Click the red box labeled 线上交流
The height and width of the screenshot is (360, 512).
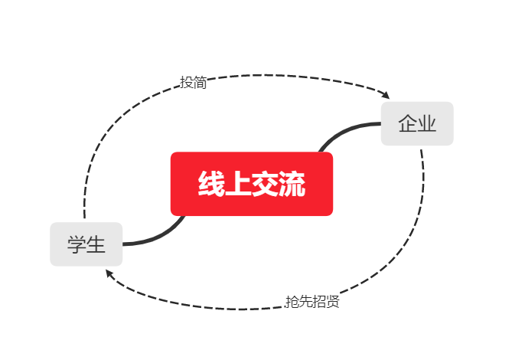[x=251, y=184]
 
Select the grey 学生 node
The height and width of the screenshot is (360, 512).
[x=86, y=244]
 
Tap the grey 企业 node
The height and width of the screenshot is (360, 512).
[x=417, y=123]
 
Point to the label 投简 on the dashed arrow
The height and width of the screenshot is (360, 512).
[x=193, y=82]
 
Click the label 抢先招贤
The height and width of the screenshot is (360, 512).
[x=311, y=301]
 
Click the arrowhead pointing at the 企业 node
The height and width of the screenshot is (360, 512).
[x=386, y=95]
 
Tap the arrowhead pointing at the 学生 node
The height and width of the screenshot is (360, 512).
[x=110, y=273]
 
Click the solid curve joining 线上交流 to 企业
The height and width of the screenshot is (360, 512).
[x=344, y=130]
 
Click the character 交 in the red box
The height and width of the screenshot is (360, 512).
[x=265, y=185]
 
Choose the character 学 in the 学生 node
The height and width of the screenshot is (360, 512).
[x=77, y=245]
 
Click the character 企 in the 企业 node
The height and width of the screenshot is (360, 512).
[x=407, y=123]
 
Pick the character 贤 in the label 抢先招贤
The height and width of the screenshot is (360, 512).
[x=332, y=301]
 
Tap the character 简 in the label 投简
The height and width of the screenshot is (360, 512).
[x=200, y=82]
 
